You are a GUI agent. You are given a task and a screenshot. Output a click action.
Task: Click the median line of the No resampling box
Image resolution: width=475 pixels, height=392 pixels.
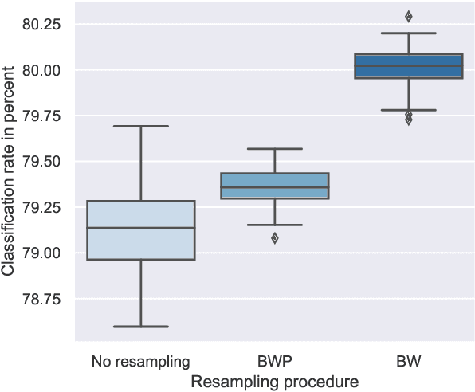[x=140, y=228]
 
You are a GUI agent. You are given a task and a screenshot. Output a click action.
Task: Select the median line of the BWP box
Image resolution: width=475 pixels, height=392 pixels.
[x=274, y=187]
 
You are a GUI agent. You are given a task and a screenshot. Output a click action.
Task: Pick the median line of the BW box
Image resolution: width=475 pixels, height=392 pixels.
[x=408, y=66]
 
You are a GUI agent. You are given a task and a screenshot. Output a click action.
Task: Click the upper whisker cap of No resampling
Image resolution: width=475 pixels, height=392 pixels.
[x=140, y=126]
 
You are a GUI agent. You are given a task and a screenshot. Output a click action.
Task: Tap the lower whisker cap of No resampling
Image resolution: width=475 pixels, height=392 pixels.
[x=140, y=326]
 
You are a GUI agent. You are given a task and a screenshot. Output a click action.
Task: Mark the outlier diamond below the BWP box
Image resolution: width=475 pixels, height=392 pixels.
[x=274, y=238]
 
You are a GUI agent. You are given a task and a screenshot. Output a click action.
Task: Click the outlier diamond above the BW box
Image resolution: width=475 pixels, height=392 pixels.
[x=408, y=16]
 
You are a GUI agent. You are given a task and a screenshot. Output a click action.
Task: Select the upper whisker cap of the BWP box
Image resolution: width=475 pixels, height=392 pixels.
[x=274, y=149]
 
